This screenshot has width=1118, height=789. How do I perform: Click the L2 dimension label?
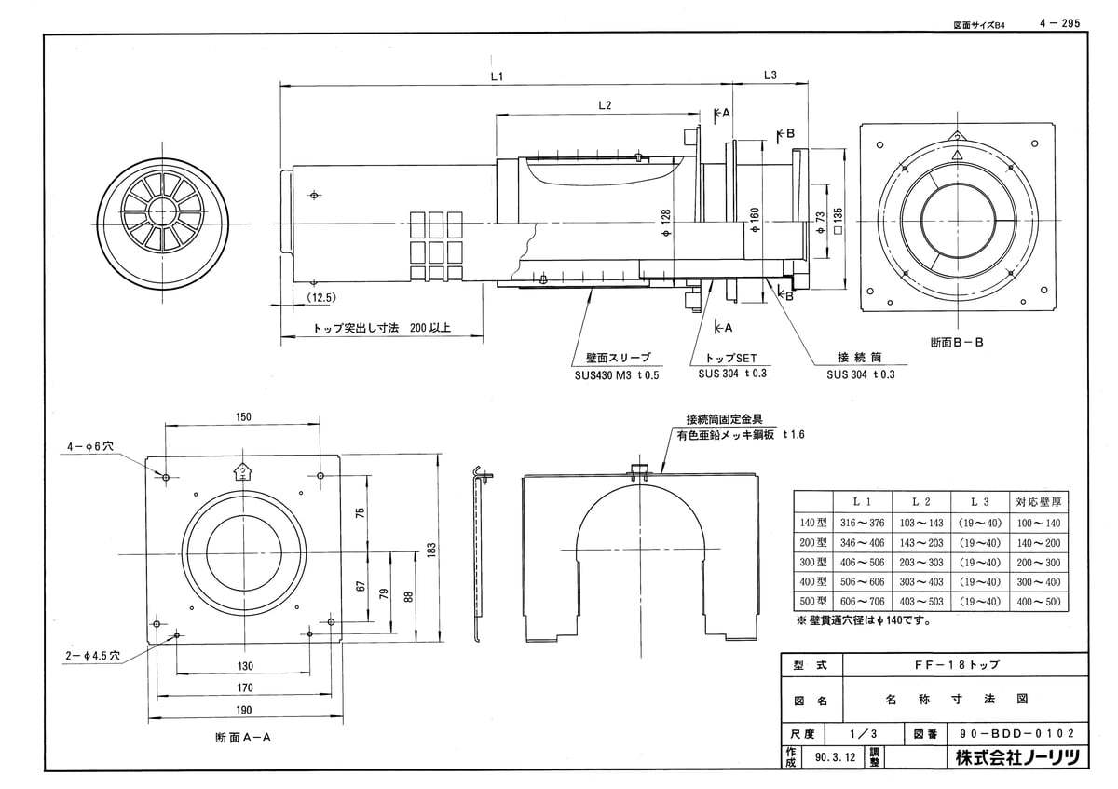pos(604,106)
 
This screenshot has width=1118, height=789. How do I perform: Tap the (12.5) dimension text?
pos(320,297)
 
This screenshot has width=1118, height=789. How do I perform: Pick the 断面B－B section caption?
pos(956,342)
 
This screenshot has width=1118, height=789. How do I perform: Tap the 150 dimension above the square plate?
pos(243,417)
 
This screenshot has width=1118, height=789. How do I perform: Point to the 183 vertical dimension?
pos(431,551)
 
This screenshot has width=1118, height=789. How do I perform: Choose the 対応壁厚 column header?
pos(1039,501)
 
